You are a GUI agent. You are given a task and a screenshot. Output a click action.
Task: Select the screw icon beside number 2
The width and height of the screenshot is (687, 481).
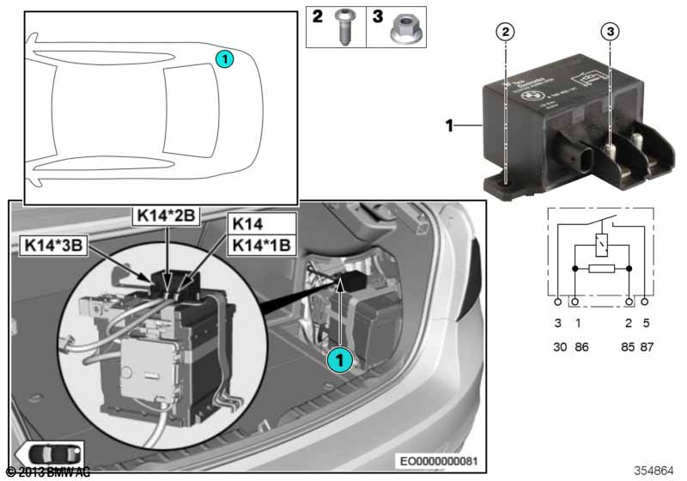345,28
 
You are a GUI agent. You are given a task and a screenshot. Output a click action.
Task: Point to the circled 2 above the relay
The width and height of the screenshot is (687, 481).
507,31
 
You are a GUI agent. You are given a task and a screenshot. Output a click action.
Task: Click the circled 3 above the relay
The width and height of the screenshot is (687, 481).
609,31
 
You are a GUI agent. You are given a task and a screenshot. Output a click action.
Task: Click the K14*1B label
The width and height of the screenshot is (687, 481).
257,245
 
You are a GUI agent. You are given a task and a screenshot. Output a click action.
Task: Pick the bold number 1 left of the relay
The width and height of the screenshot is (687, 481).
449,126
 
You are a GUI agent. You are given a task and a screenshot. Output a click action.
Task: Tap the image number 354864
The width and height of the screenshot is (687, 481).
655,471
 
